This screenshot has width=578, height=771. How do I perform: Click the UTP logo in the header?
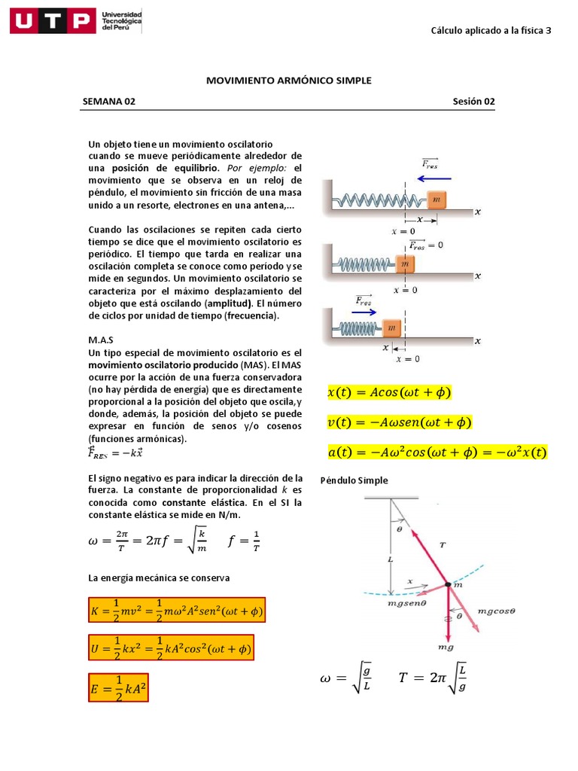pos(53,21)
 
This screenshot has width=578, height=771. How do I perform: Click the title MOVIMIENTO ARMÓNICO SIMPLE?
pos(289,80)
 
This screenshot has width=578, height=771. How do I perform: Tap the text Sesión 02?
pos(473,102)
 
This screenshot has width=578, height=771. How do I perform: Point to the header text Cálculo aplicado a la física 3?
pos(491,31)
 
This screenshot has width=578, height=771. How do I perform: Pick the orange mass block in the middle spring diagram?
pos(405,264)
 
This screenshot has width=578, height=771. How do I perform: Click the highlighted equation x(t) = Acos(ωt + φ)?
pos(389,392)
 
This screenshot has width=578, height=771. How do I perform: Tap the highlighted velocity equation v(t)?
pos(399,422)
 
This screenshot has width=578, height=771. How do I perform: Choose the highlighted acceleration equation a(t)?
pos(437,453)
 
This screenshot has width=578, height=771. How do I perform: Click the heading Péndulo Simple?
pos(354,480)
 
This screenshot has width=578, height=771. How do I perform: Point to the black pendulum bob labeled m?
pos(447,584)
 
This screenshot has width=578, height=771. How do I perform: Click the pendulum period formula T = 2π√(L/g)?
pos(436,678)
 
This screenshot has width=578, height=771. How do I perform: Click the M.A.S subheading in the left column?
pos(100,340)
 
